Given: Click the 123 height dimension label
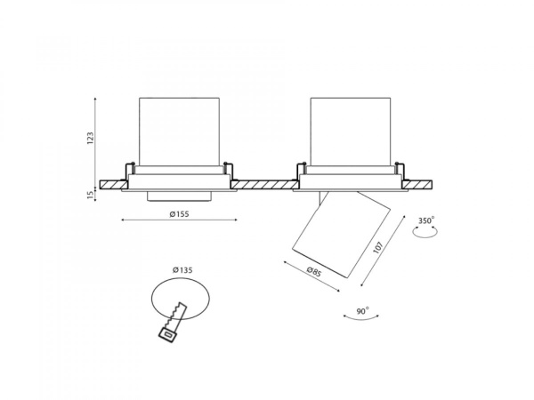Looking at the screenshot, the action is click(x=90, y=138).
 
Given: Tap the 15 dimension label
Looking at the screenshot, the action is click(x=90, y=195).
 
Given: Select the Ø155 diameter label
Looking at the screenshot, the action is click(x=179, y=214).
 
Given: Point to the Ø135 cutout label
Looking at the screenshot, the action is click(x=182, y=270).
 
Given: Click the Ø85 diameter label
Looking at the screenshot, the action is click(x=314, y=271).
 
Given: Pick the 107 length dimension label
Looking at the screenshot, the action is click(x=378, y=247).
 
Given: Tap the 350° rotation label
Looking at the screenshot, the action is click(x=426, y=220).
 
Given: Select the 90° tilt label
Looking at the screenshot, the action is click(x=363, y=311).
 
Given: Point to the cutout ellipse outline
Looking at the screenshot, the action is click(x=181, y=279).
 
